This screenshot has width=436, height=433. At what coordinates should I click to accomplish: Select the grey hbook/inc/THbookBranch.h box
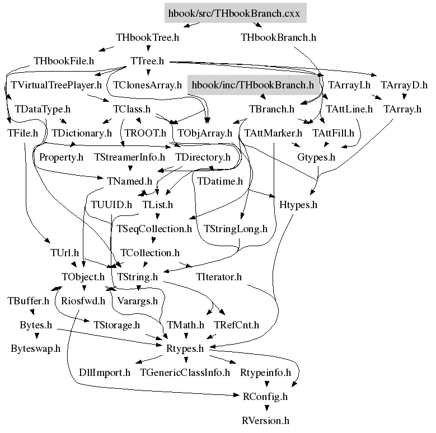click(253, 86)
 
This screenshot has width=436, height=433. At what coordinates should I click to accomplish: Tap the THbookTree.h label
click(147, 38)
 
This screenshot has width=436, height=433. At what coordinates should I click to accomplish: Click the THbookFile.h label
click(64, 61)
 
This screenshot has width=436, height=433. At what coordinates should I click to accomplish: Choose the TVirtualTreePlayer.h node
click(56, 86)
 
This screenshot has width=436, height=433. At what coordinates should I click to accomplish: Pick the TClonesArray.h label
click(148, 86)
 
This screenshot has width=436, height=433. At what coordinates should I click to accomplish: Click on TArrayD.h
click(404, 86)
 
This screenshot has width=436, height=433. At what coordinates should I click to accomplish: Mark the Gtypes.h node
click(316, 157)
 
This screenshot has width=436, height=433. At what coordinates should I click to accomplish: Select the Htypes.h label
click(298, 205)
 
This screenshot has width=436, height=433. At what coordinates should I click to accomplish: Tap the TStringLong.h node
click(236, 229)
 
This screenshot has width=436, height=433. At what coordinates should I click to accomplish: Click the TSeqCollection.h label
click(154, 229)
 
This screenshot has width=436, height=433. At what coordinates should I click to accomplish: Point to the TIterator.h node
click(219, 277)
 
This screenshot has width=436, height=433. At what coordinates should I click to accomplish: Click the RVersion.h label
click(265, 420)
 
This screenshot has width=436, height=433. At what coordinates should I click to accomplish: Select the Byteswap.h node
click(35, 349)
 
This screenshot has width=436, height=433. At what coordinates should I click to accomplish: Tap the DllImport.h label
click(105, 373)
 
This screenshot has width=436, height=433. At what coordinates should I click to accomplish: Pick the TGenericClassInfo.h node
click(185, 373)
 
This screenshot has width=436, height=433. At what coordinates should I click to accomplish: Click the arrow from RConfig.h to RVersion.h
click(265, 408)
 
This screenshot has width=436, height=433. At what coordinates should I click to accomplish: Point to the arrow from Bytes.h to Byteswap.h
click(36, 337)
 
